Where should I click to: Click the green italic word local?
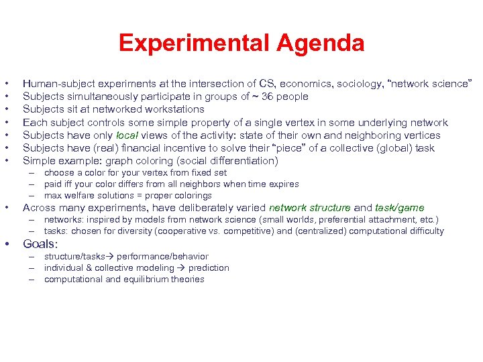127,135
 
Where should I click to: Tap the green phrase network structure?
309,208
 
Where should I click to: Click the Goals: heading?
40,245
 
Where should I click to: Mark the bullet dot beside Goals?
7,245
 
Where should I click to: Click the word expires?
283,184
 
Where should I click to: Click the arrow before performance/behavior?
114,257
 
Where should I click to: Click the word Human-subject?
56,84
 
